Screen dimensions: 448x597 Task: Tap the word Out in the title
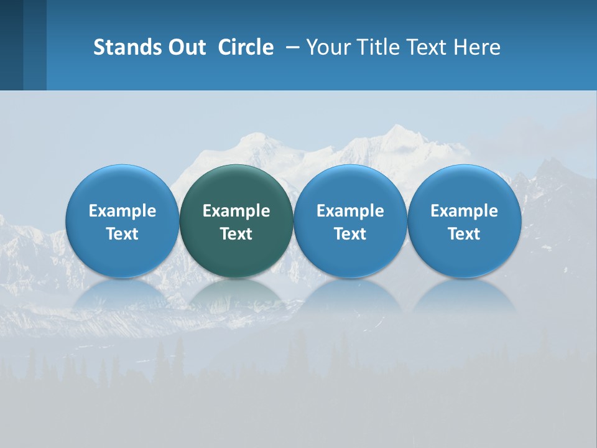(x=185, y=47)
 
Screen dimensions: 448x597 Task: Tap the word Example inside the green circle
(x=236, y=211)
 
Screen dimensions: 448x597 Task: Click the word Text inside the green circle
(x=236, y=234)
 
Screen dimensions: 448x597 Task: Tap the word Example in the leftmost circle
(x=122, y=211)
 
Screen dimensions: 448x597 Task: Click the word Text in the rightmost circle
(x=465, y=234)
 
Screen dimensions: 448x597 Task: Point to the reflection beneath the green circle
(x=236, y=295)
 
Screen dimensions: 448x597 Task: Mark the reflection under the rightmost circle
(x=465, y=295)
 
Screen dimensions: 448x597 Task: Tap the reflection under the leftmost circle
(x=122, y=295)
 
